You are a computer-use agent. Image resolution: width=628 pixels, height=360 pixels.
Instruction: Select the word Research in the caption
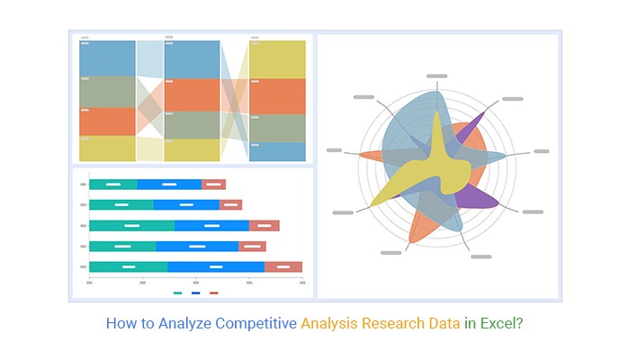pos(396,322)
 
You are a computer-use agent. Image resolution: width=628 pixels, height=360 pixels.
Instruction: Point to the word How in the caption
pos(121,322)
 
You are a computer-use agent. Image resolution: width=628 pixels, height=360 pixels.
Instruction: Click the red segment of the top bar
pos(213,184)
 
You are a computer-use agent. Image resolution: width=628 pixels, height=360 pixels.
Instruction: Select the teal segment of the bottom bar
pos(128,266)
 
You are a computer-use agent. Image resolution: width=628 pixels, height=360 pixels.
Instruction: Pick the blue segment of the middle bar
pos(211,225)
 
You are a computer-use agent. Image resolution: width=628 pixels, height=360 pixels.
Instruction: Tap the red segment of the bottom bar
pos(283,266)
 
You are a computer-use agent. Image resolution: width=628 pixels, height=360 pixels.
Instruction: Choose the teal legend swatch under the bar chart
pos(177,293)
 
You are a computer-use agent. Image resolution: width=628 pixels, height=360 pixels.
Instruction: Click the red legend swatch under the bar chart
pos(213,293)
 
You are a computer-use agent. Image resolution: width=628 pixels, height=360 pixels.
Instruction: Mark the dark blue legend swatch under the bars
pos(195,293)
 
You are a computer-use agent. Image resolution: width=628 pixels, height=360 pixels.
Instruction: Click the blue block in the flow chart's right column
pos(277,152)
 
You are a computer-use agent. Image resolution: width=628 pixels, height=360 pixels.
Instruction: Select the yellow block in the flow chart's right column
pos(277,58)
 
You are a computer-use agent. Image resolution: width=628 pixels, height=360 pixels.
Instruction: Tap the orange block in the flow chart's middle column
pos(192,94)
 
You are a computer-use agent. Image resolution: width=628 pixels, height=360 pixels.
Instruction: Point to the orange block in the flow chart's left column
pos(107,121)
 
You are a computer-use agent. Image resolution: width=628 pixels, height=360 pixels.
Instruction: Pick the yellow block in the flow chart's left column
pos(107,148)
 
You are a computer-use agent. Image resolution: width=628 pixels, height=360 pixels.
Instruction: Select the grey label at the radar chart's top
pos(436,76)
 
